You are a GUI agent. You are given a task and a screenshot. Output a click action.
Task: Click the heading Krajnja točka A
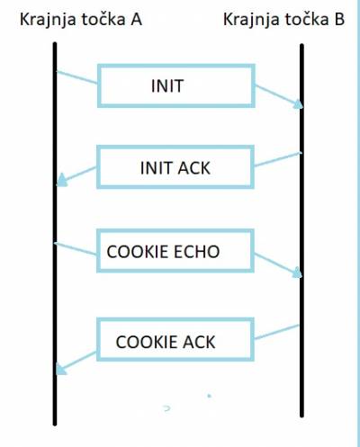coord(81,21)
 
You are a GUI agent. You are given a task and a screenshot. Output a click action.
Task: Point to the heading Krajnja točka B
coord(283,21)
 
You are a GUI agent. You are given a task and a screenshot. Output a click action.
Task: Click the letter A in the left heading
coord(136,20)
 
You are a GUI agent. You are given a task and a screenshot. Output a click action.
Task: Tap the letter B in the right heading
coord(338,20)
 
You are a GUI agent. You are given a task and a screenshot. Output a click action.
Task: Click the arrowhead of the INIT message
coord(299,103)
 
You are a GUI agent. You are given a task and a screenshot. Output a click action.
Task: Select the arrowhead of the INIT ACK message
coord(61,180)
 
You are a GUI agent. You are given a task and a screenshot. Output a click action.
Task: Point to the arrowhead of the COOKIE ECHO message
coord(297,273)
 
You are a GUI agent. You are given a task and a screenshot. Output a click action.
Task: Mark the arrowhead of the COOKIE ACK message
coord(61,369)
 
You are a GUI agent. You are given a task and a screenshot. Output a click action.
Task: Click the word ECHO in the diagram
coord(196,252)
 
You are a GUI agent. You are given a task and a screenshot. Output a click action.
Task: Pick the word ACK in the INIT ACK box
coord(193,168)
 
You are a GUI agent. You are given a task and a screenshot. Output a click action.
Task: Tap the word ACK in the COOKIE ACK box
coord(199,342)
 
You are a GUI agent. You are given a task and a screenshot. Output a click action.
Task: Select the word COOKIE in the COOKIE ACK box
coord(147,342)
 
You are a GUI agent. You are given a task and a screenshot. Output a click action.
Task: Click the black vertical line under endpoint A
coord(55,234)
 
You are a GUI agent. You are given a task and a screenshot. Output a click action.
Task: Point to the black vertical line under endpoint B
coord(301,230)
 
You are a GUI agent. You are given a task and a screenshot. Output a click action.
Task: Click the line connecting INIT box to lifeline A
coord(76,77)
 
